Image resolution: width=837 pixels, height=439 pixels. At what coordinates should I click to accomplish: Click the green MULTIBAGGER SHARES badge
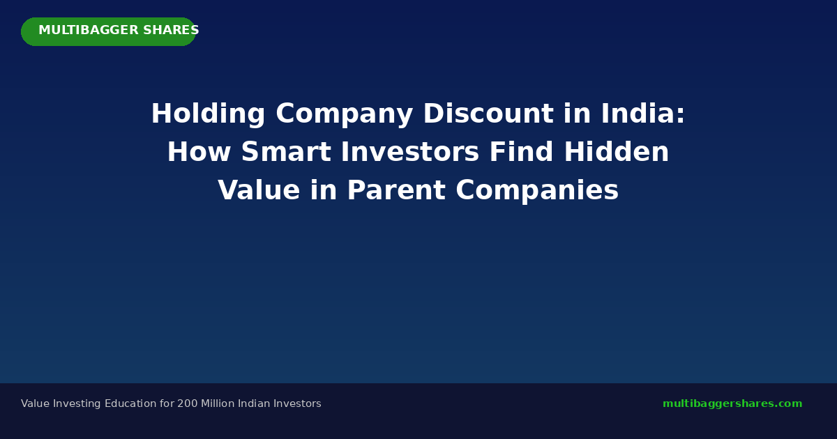point(108,32)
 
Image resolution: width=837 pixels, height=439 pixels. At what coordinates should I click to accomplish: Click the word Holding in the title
point(208,114)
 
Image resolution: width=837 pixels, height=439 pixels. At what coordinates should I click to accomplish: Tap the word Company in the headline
point(344,114)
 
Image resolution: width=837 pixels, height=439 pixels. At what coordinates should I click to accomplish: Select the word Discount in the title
point(488,114)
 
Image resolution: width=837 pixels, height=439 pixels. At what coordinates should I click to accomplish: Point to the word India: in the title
point(642,114)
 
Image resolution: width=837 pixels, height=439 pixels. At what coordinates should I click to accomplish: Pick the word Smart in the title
point(286,152)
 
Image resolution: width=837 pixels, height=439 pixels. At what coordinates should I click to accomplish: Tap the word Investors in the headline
point(410,152)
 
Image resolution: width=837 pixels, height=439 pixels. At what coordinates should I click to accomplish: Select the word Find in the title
point(521,152)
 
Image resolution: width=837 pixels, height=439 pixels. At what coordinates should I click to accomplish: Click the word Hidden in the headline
point(616,152)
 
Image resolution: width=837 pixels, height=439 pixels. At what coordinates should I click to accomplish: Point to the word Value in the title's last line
point(259,190)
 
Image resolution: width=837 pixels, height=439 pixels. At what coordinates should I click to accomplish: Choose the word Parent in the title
point(396,190)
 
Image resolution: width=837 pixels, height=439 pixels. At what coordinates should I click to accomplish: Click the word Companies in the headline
point(537,191)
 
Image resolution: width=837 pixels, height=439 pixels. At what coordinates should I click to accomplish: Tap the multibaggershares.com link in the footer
point(732,404)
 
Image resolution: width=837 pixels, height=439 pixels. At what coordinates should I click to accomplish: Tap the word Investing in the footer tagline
point(77,404)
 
